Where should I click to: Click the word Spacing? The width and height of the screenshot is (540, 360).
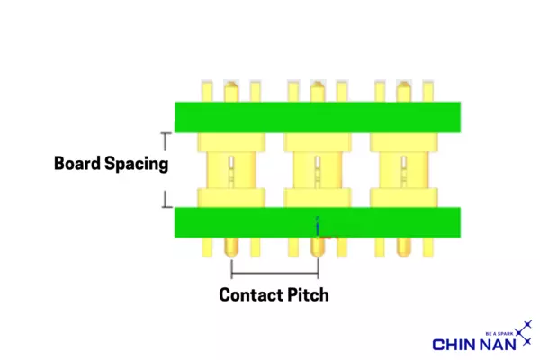135,165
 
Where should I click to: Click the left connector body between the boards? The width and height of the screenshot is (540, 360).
231,169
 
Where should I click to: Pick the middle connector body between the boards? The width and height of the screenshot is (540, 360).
317,169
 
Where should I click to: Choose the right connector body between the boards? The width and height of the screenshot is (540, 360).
403,169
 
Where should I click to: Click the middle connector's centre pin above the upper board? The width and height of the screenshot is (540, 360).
317,92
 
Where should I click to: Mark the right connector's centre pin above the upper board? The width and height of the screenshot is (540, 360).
403,92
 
